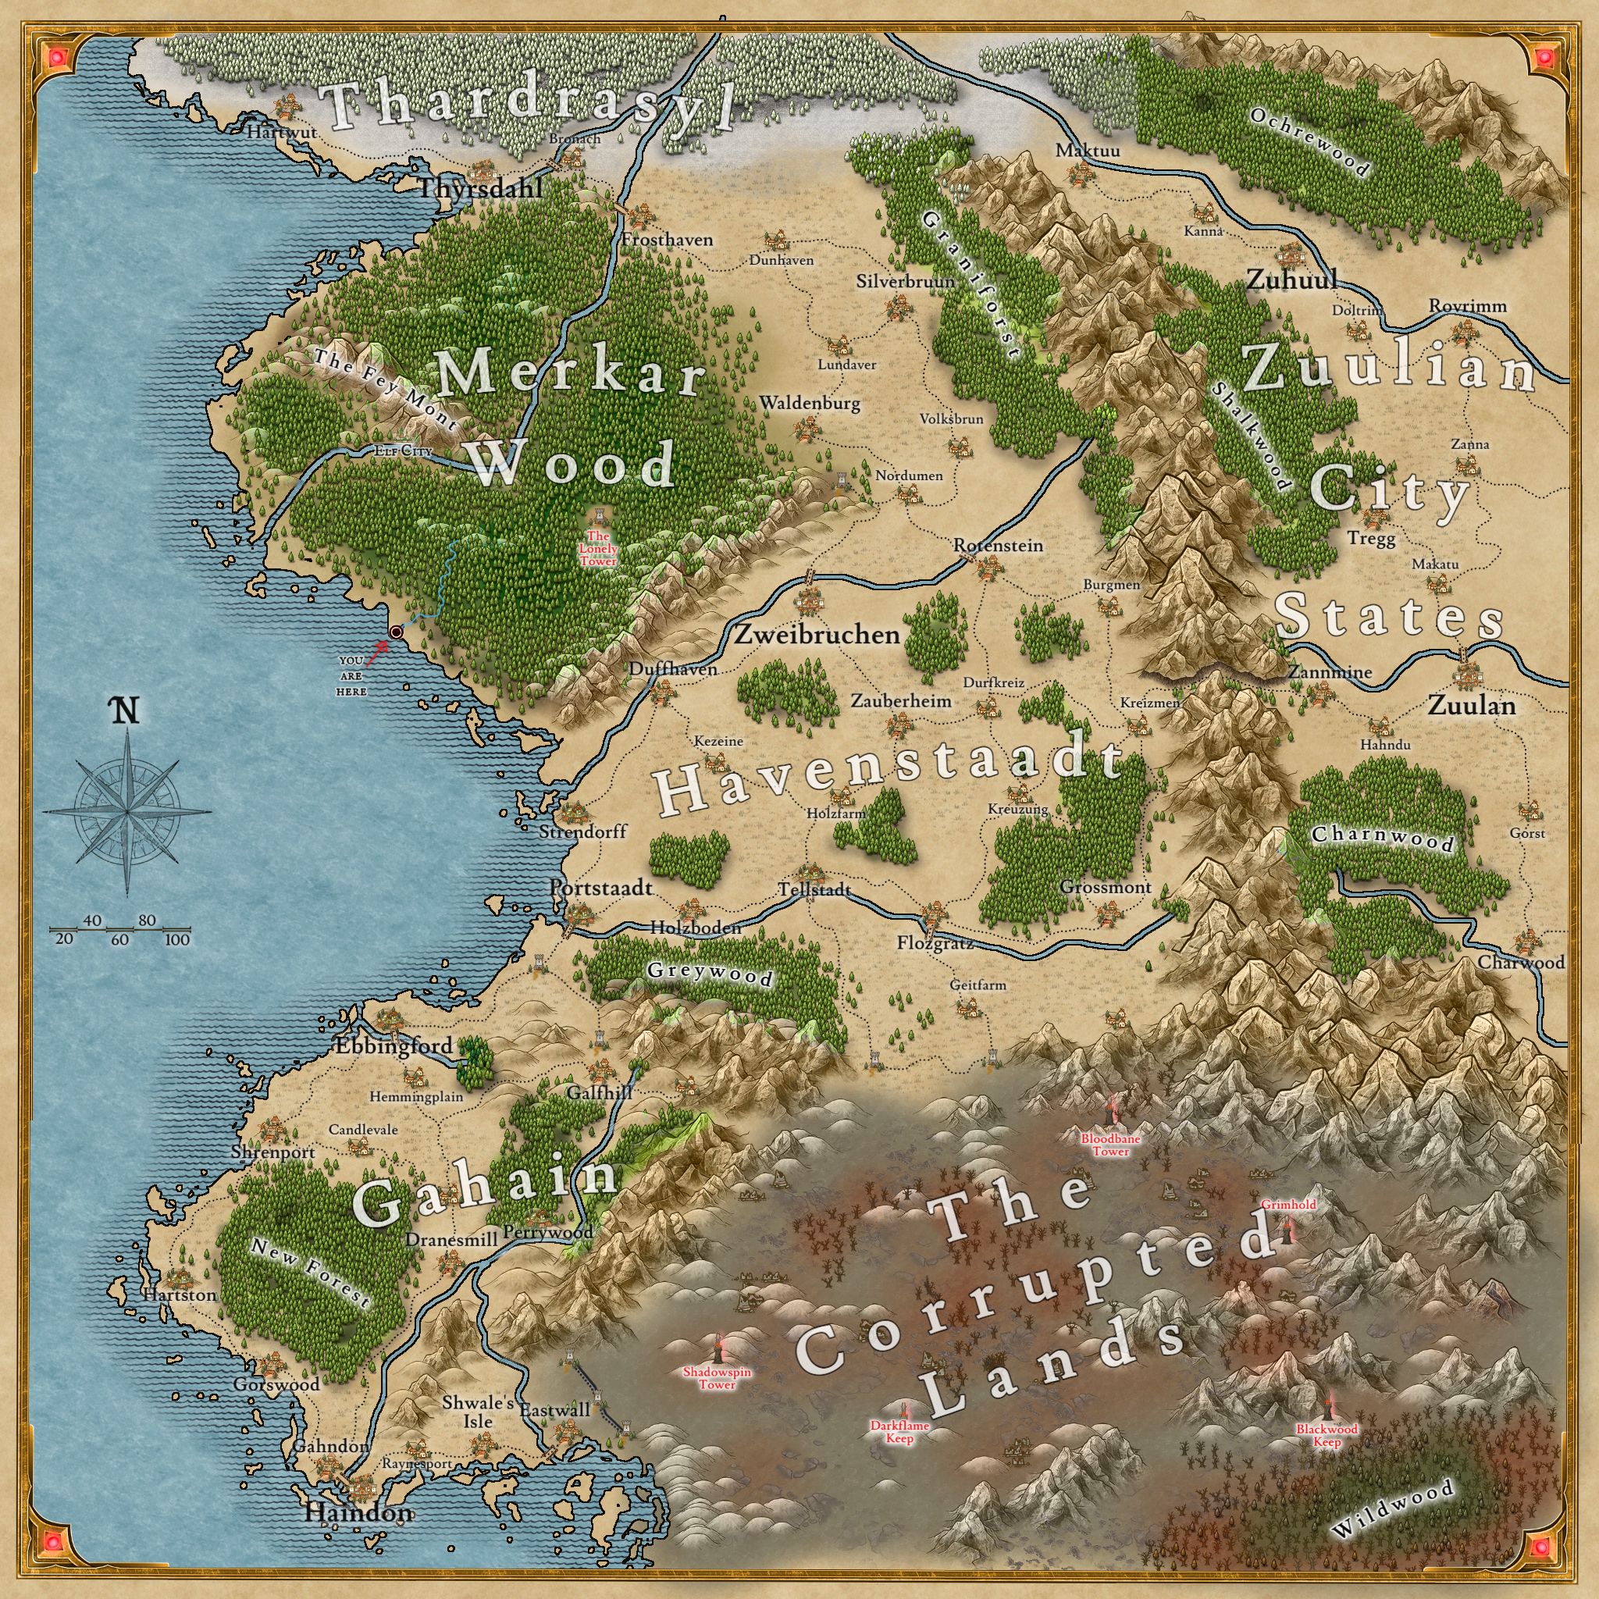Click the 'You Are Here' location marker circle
tap(396, 632)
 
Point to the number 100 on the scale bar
tap(177, 939)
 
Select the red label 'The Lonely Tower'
tap(597, 549)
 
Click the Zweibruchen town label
tap(816, 635)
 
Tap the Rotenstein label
tap(998, 547)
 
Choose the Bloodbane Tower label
tap(1111, 1145)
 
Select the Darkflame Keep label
tap(899, 1432)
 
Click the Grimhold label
tap(1287, 1205)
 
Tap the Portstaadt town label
tap(601, 888)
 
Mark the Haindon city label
tap(358, 1514)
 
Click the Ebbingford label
tap(394, 1045)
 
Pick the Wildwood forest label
tap(1391, 1508)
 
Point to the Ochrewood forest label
tap(1309, 141)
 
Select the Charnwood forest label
tap(1381, 838)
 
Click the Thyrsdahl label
tap(480, 188)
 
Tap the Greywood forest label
tap(709, 974)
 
